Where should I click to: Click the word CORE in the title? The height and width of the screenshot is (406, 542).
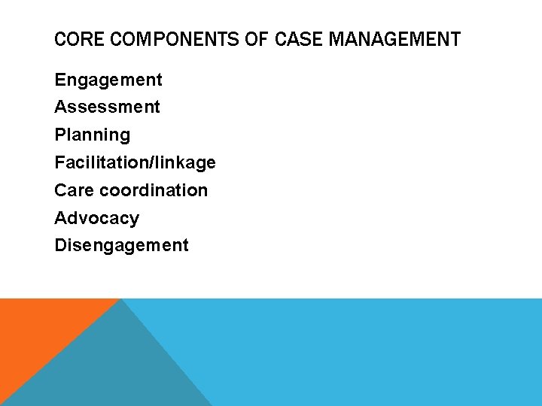78,39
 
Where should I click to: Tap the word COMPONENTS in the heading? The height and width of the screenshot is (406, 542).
173,39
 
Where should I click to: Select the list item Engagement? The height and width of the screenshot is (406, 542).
108,80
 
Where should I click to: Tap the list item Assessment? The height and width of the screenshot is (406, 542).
107,107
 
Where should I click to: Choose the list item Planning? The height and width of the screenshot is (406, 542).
92,135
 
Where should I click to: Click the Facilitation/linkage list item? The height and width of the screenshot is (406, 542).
135,162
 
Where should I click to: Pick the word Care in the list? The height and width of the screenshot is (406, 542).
74,190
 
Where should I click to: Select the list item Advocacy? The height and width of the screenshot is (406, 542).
96,218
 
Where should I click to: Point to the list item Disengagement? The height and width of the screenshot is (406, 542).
121,245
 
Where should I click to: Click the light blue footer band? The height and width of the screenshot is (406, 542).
376,353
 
